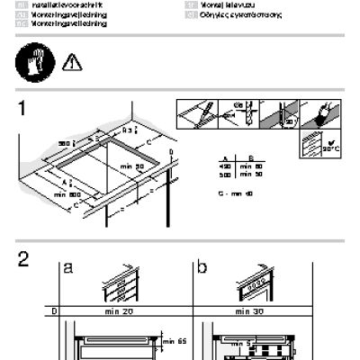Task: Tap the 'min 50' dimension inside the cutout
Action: (x=133, y=168)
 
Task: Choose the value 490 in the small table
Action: (x=225, y=166)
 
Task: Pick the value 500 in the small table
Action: (x=225, y=174)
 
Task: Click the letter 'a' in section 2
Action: (x=68, y=268)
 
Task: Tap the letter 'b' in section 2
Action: (x=202, y=267)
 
